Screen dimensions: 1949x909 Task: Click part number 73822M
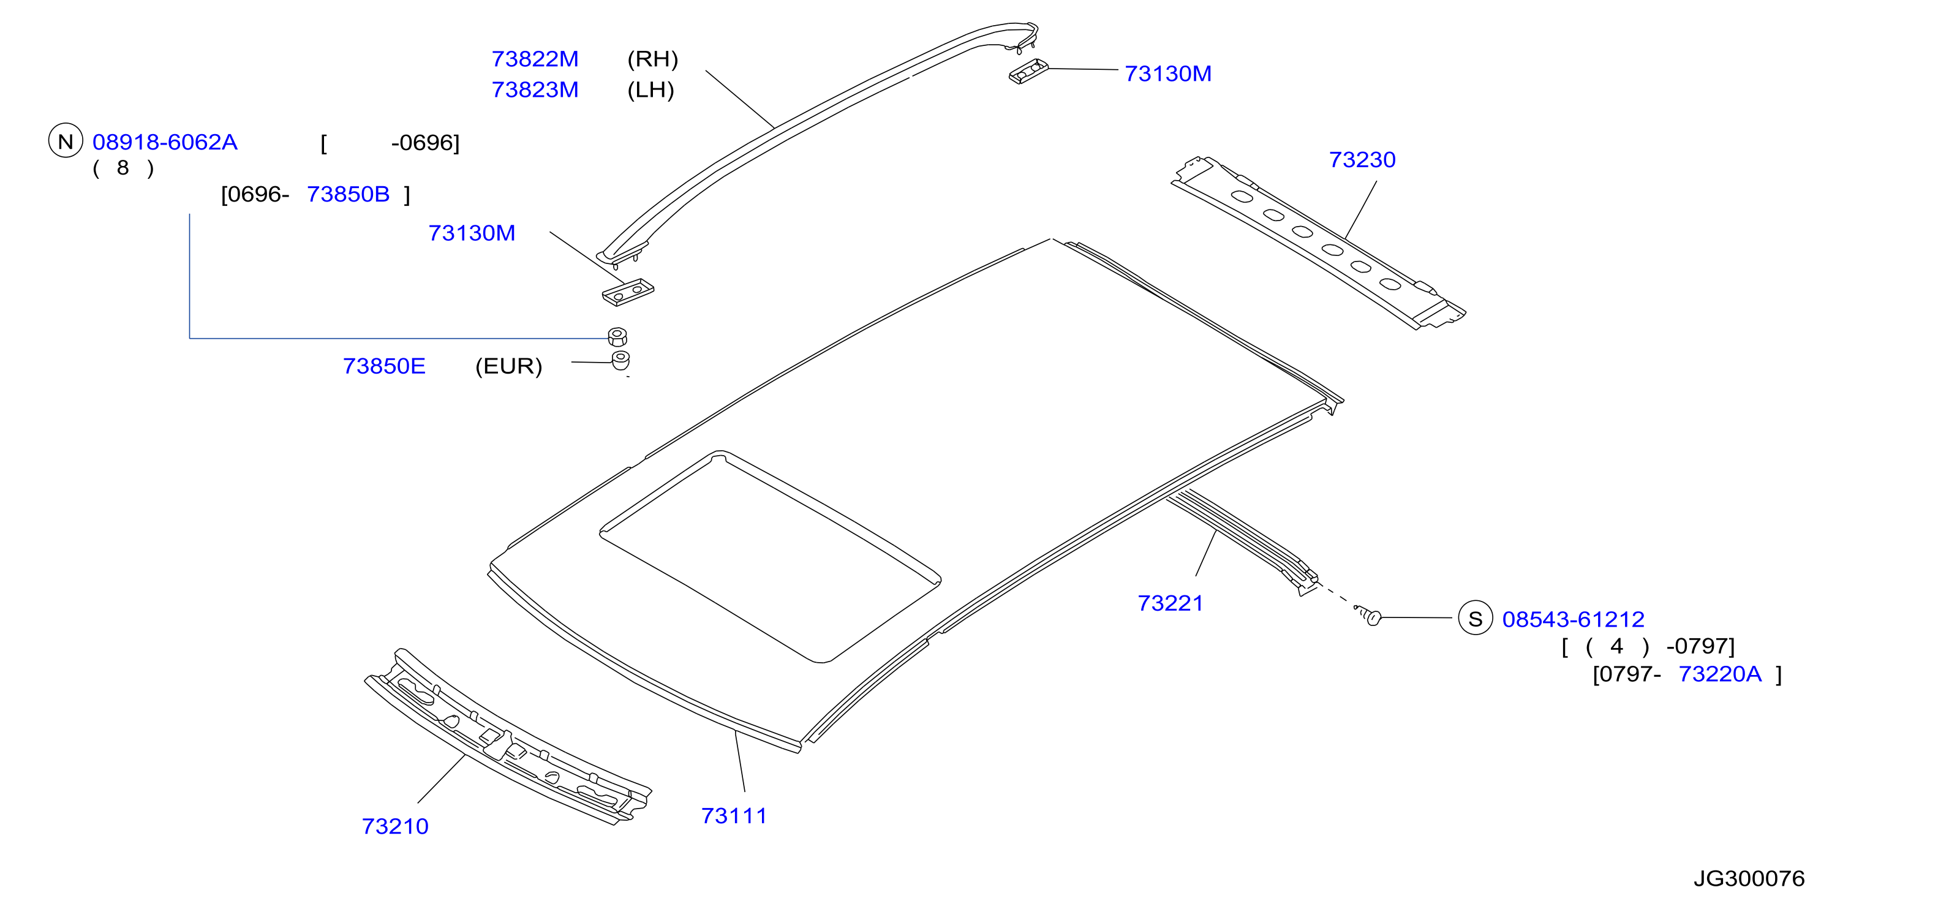pos(535,59)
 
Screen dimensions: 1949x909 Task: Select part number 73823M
pos(535,90)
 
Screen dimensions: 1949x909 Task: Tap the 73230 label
pos(1362,160)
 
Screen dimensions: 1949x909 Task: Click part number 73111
pos(734,816)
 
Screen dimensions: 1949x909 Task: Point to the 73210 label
pos(395,826)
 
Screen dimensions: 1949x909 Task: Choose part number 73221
pos(1171,603)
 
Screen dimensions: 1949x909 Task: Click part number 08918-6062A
pos(165,142)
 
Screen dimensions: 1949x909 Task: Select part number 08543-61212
pos(1573,620)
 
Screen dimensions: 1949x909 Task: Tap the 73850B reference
pos(348,195)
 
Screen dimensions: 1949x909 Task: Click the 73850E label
pos(385,366)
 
